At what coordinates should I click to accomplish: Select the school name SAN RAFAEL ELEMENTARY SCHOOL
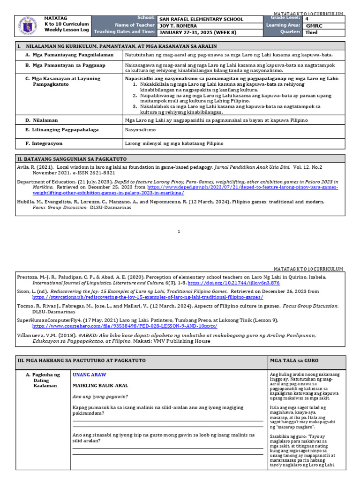[x=202, y=19]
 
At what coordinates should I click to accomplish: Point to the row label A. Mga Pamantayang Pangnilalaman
[x=69, y=55]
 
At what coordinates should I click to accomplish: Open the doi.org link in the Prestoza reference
[x=240, y=283]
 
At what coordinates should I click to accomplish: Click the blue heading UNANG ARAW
[x=90, y=375]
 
